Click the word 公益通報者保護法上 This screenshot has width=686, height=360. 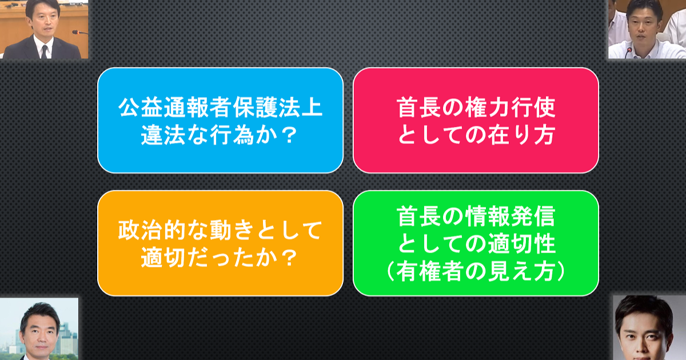(221, 107)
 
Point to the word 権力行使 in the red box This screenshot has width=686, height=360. (510, 107)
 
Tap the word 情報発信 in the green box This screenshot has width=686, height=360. (510, 216)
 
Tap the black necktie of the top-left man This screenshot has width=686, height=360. (45, 51)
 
